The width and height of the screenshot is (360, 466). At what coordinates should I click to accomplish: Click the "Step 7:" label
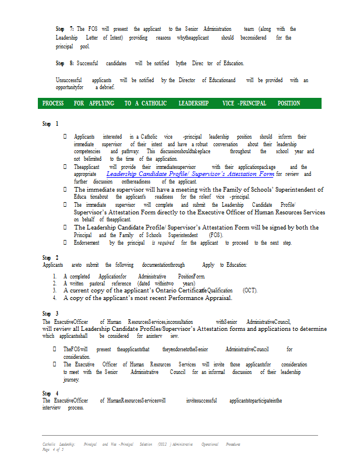tap(65, 29)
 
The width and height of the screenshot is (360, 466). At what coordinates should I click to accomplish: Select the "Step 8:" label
tap(65, 63)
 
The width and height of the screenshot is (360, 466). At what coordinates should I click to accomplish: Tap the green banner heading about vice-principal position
tap(179, 104)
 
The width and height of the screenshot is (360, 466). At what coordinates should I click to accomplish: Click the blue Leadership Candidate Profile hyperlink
tap(190, 174)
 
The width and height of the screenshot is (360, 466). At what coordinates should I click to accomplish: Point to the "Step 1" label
tap(50, 124)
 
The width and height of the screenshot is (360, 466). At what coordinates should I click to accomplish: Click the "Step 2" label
tap(50, 257)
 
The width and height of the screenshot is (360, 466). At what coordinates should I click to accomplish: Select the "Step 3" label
tap(50, 313)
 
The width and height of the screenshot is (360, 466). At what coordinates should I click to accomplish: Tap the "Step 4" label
tap(50, 393)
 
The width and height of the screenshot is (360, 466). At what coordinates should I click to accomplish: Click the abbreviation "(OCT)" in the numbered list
tap(250, 290)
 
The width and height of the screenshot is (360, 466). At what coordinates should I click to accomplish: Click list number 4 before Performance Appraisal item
tap(54, 298)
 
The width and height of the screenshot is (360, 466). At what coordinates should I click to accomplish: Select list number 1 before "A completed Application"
tap(54, 276)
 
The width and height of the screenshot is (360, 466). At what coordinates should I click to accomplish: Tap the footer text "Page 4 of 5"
tap(52, 450)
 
